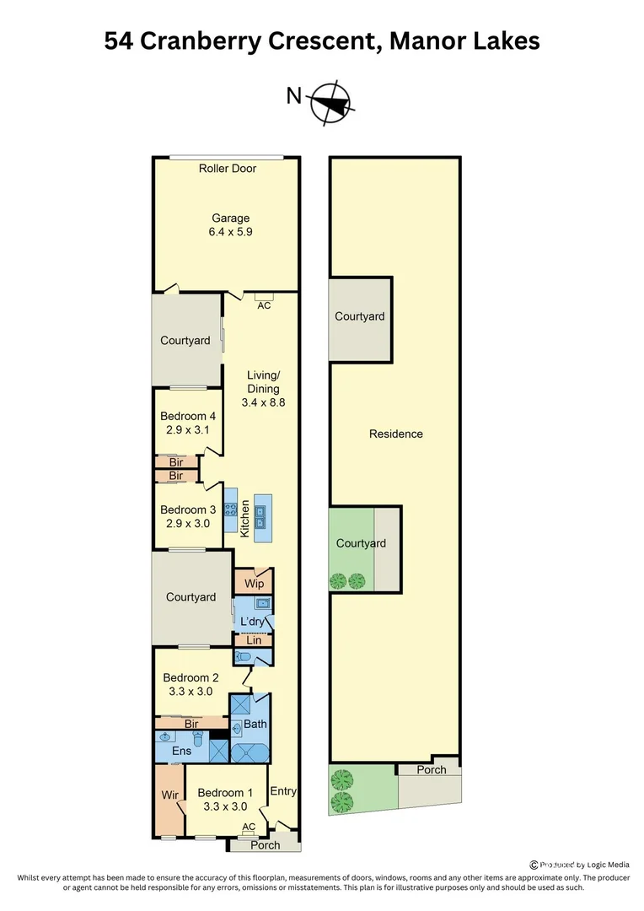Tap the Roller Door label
(228, 169)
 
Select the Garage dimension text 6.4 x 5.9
(230, 231)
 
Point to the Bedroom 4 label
(188, 416)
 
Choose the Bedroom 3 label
(188, 509)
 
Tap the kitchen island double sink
(260, 516)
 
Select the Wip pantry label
(254, 584)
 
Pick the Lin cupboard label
(254, 641)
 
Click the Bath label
(255, 724)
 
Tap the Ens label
(181, 751)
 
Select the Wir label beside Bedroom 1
(169, 795)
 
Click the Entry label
(283, 791)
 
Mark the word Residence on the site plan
(396, 434)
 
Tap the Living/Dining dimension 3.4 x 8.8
(264, 402)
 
